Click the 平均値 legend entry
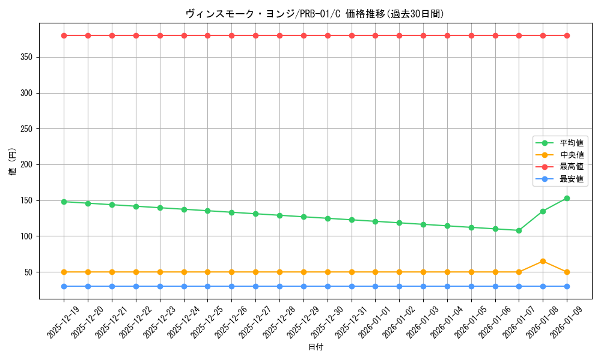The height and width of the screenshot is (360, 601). click(572, 143)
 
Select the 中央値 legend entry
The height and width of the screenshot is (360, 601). click(572, 155)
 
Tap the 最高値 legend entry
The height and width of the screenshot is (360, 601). click(572, 167)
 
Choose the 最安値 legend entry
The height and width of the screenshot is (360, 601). click(572, 179)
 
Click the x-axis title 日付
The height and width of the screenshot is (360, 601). click(316, 347)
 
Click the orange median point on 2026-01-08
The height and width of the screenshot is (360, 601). click(543, 261)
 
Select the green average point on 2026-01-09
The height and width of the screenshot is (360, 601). click(567, 198)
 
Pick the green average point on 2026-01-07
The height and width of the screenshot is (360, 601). click(519, 230)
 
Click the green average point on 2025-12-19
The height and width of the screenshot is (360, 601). click(64, 202)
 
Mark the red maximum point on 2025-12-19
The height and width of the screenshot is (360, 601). click(64, 35)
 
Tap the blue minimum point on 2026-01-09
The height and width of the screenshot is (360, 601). click(567, 286)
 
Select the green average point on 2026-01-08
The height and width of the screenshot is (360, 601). click(543, 211)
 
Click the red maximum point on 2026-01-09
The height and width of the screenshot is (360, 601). click(567, 35)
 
